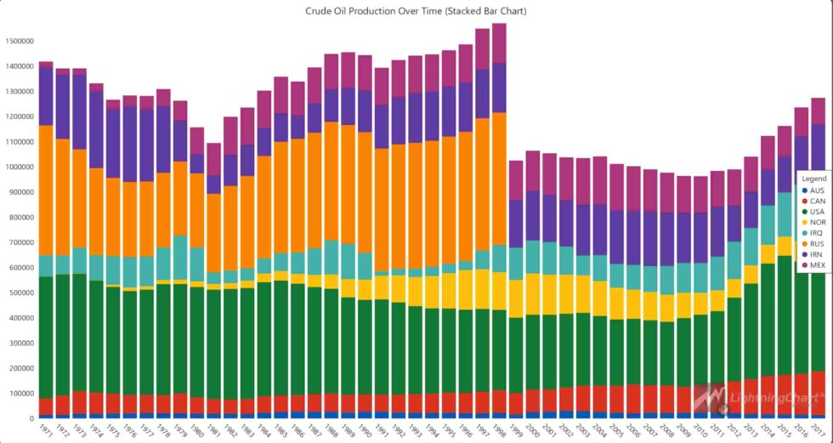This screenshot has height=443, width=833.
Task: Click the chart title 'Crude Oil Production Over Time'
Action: tap(416, 11)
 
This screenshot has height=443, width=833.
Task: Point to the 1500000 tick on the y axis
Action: tap(18, 41)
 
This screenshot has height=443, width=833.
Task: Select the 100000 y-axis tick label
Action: tap(18, 394)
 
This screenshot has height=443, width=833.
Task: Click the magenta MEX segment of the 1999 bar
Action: tap(515, 180)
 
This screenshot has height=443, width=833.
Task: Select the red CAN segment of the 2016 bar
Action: tap(800, 394)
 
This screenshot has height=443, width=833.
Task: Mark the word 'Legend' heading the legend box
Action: tap(814, 179)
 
